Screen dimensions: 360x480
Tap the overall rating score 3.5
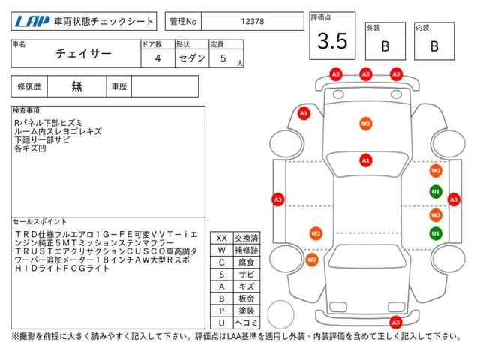tap(332, 42)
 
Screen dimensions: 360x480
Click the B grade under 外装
tap(385, 46)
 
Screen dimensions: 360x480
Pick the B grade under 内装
tap(433, 46)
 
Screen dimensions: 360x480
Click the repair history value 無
tap(76, 86)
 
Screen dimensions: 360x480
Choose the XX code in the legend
tap(221, 238)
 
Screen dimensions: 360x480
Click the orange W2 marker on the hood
tap(365, 124)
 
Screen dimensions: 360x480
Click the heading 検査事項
tap(27, 110)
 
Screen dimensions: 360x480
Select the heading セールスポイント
tap(40, 222)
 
